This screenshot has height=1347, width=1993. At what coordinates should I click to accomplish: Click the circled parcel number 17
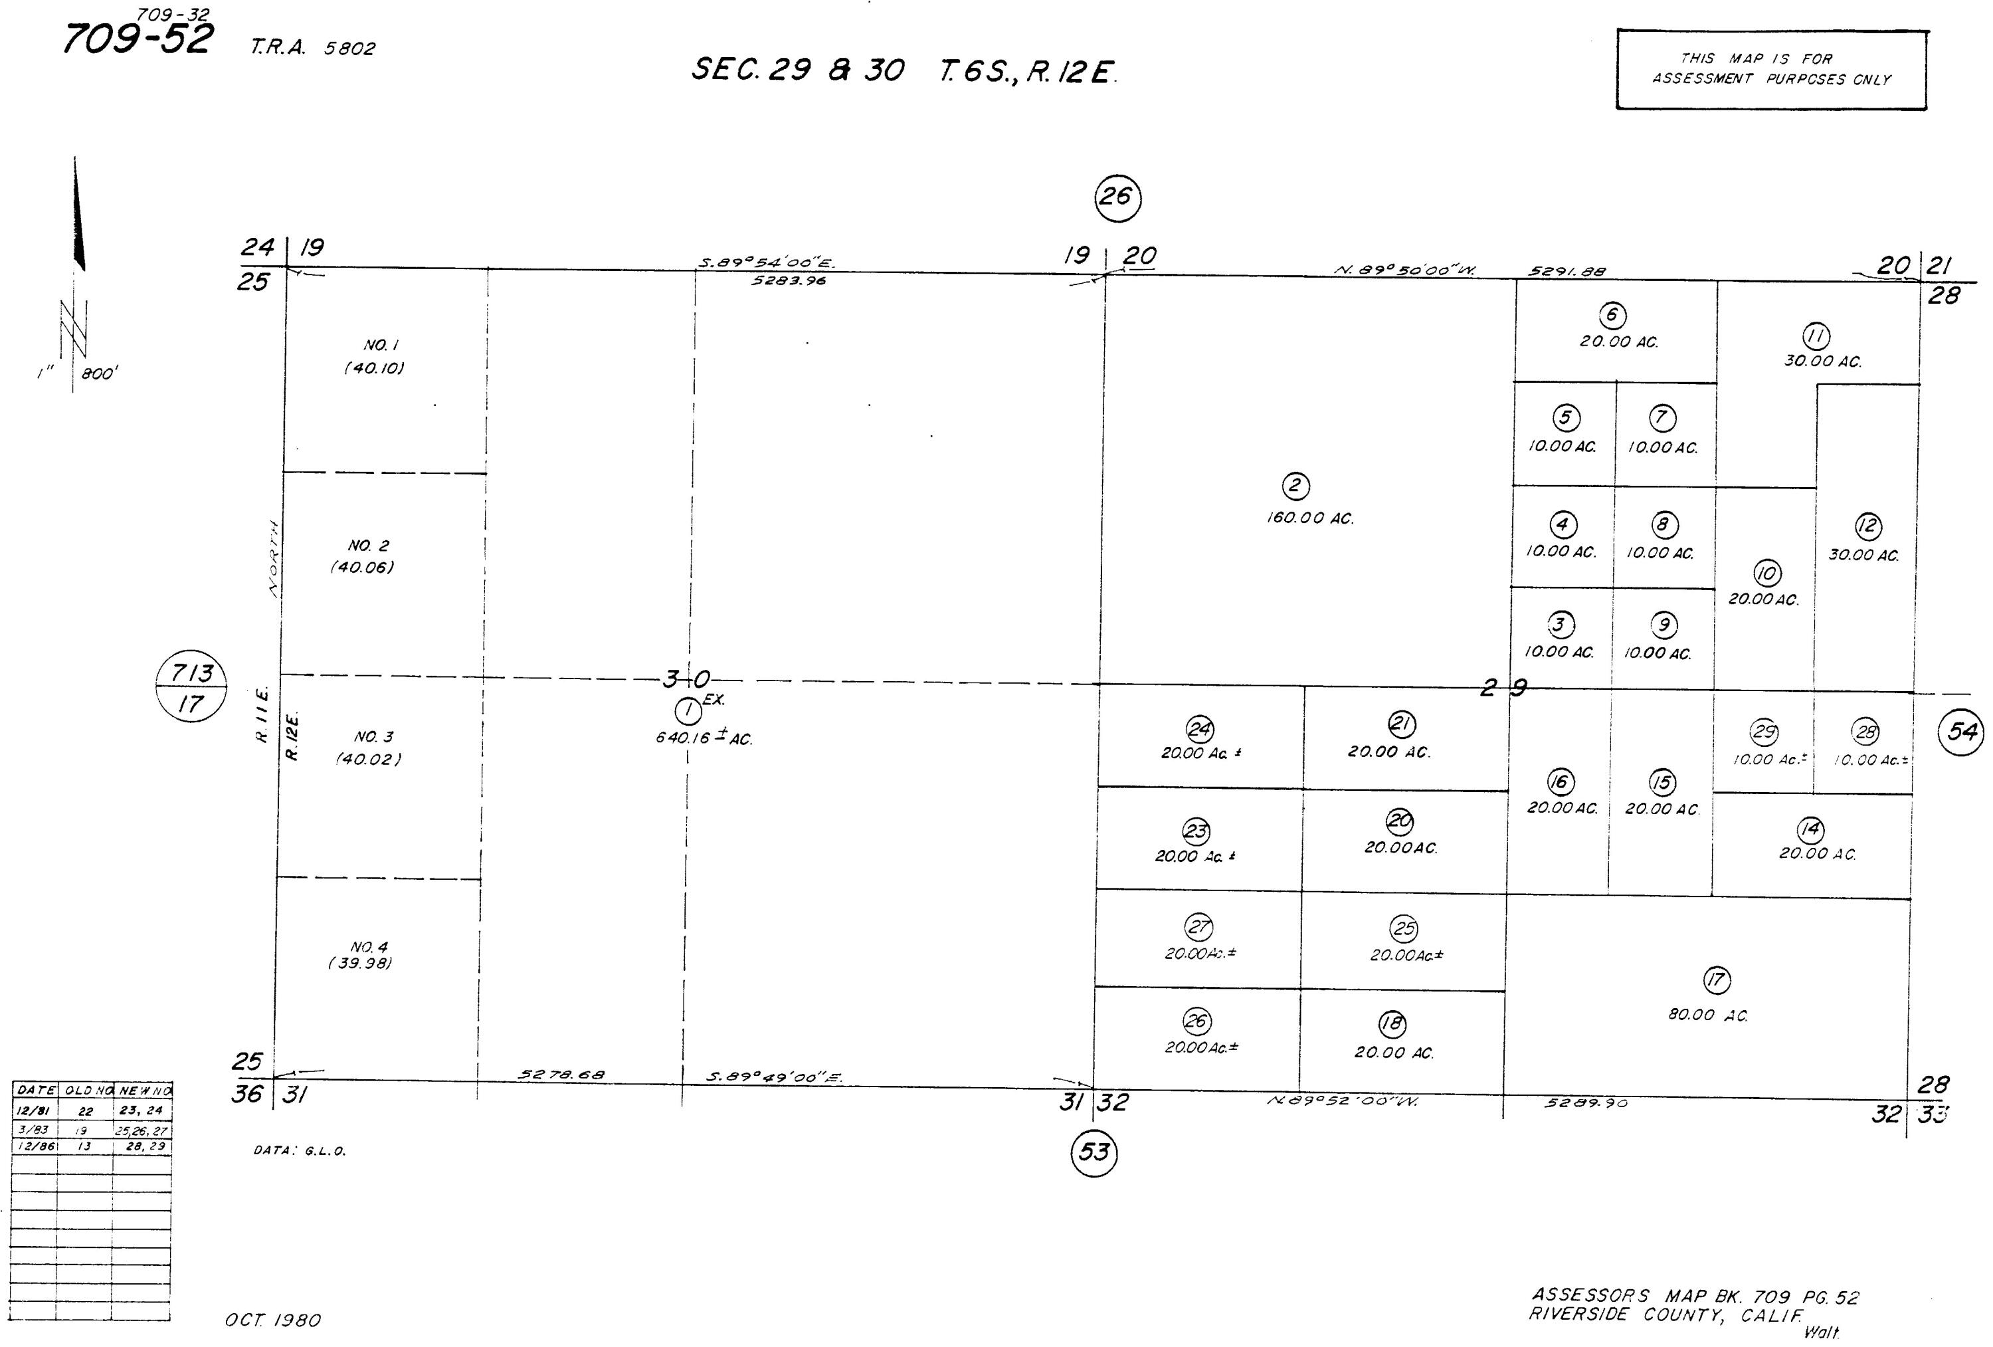coord(1716,980)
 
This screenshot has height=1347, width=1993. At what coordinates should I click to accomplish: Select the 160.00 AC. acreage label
coord(1309,518)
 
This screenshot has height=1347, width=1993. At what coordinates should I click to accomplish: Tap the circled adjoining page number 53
coord(1094,1152)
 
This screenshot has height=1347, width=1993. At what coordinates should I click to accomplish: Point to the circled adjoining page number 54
coord(1961,732)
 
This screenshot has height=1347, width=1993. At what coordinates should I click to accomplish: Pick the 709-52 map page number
coord(138,39)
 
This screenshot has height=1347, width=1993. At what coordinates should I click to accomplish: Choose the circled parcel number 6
coord(1612,315)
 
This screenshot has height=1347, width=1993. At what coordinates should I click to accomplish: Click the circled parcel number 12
coord(1868,525)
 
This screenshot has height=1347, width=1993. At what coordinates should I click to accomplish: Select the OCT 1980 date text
coord(272,1320)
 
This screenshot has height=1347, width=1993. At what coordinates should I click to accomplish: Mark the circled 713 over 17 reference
coord(191,687)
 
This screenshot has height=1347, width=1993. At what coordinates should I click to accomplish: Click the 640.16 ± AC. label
coord(704,737)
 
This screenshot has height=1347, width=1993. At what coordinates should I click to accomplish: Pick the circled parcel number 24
coord(1199,728)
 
